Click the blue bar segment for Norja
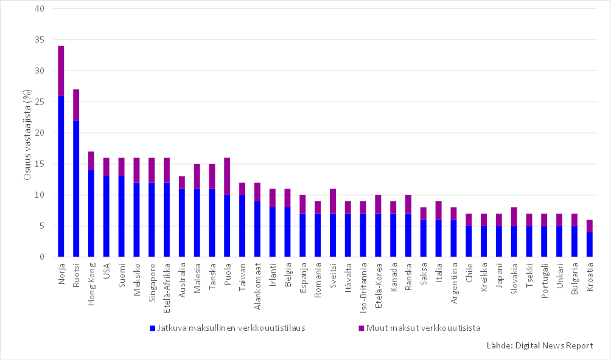pos(61,176)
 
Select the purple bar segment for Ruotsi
pos(76,105)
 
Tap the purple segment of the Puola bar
pos(227,176)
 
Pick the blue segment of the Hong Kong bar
pos(91,213)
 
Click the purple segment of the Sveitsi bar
pos(333,201)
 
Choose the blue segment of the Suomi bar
pos(121,216)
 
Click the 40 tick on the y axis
pos(40,9)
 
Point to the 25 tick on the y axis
pos(40,102)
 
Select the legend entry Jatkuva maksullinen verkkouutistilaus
pos(231,328)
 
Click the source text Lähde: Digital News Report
pos(539,345)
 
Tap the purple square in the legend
pos(360,328)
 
